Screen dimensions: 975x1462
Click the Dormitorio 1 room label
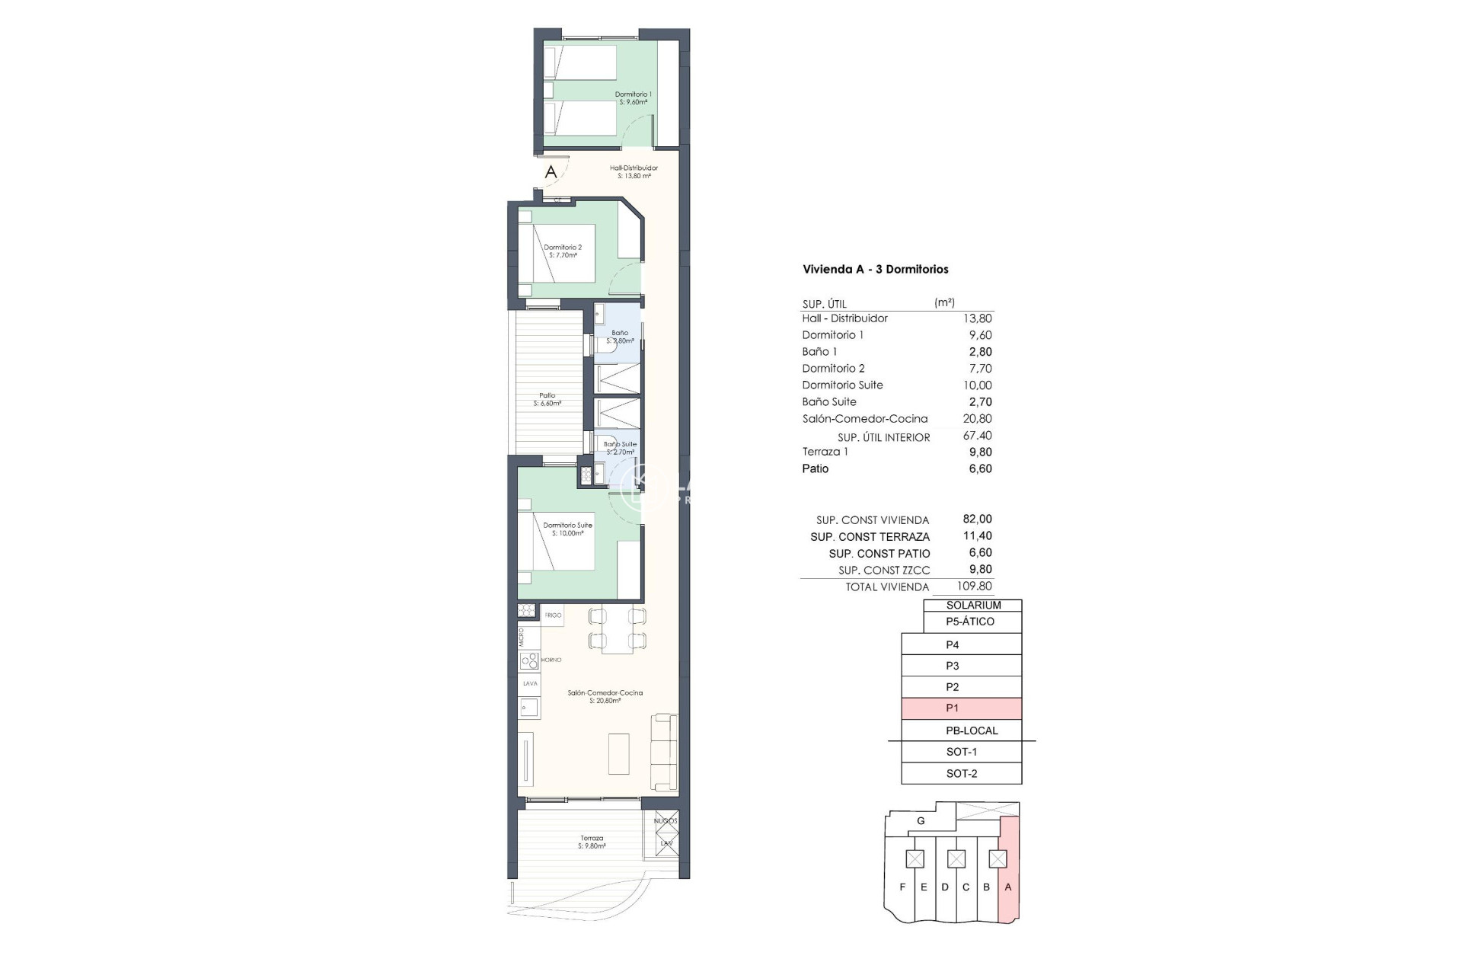[x=633, y=95]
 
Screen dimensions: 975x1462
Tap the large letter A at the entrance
[x=551, y=172]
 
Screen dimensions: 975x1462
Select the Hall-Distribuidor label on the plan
[x=634, y=168]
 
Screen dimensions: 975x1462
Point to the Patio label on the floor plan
[x=547, y=396]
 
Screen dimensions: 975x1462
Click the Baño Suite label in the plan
[x=620, y=444]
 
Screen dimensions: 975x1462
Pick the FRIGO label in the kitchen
[x=553, y=615]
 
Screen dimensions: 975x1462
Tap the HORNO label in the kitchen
[x=551, y=660]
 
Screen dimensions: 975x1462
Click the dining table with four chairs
[x=616, y=629]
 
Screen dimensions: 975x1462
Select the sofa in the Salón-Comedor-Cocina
[x=664, y=752]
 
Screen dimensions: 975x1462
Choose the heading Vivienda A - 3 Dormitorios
[x=875, y=269]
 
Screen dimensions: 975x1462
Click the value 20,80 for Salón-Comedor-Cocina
[x=977, y=419]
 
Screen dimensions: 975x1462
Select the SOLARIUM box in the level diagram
[x=972, y=606]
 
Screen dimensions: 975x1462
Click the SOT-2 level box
[x=961, y=774]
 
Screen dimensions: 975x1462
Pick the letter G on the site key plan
[x=921, y=821]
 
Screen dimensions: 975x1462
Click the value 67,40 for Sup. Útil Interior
[x=977, y=436]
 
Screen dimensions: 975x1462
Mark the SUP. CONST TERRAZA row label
[x=870, y=537]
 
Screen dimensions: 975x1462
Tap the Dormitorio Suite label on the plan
[x=567, y=526]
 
